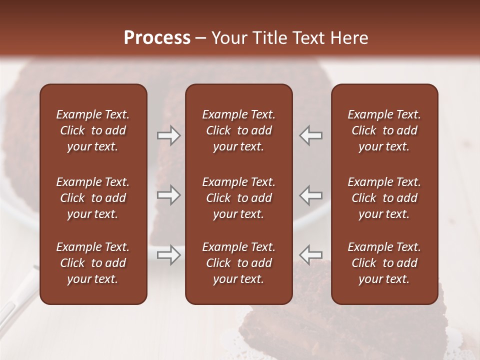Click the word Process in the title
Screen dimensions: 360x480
(x=157, y=38)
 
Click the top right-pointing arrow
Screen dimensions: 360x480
(x=169, y=135)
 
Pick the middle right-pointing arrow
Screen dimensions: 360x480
(x=169, y=195)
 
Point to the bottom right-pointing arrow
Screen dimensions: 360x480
(x=169, y=255)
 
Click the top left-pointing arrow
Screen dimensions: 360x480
(x=310, y=135)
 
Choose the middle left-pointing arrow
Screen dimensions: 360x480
(x=310, y=195)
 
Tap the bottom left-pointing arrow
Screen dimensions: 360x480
(x=310, y=255)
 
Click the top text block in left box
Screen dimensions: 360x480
(x=93, y=130)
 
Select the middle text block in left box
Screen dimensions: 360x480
(x=93, y=198)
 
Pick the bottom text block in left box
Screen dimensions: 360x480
(x=93, y=263)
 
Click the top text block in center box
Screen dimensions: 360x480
(x=238, y=130)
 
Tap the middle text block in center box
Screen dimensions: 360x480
(x=238, y=198)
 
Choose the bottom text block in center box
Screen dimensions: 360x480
(x=238, y=263)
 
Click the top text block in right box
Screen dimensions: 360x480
(x=384, y=130)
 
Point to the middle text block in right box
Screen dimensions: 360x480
(x=384, y=198)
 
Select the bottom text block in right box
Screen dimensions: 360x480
(x=384, y=263)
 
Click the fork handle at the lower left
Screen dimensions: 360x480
(x=15, y=300)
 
